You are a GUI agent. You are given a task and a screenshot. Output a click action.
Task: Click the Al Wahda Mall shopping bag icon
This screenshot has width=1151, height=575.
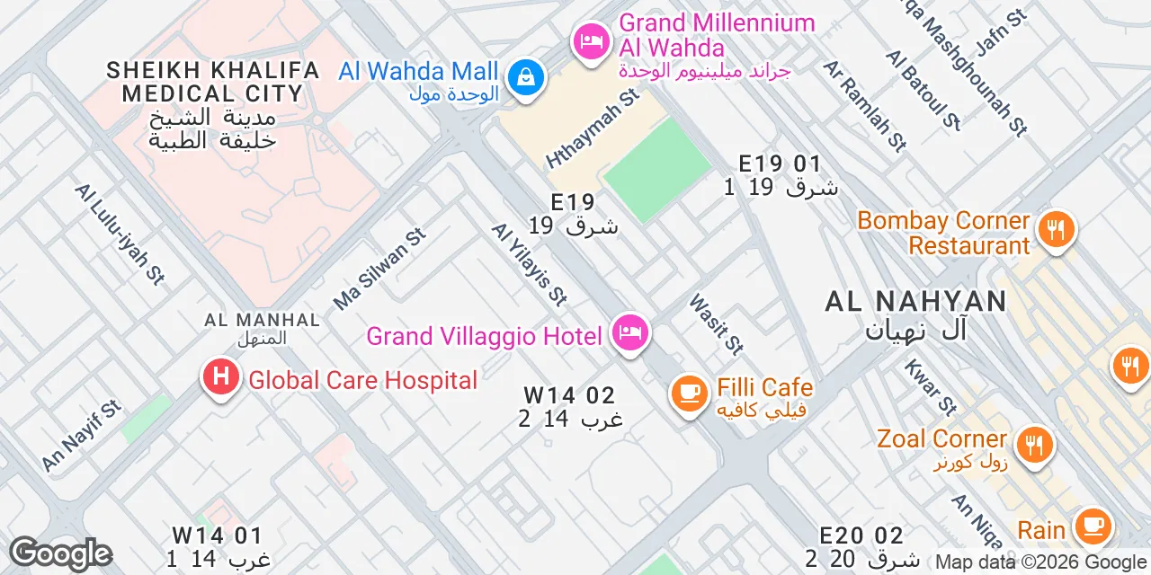coord(523,77)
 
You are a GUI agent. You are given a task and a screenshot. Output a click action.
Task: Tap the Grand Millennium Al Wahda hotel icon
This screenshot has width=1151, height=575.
coord(591,41)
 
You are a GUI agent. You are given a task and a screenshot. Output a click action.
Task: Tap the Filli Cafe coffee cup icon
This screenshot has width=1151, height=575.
coord(690,394)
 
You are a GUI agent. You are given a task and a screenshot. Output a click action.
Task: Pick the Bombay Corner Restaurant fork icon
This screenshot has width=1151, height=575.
coord(1056,229)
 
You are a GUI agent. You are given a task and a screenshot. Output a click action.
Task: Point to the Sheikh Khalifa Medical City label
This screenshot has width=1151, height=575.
coord(212,82)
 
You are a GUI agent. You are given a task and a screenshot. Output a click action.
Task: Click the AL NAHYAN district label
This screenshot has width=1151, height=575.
coord(915,302)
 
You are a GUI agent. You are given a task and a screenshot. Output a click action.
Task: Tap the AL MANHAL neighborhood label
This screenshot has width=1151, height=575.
coord(262,320)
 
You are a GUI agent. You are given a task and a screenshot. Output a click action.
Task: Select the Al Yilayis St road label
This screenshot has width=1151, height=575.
coord(530,263)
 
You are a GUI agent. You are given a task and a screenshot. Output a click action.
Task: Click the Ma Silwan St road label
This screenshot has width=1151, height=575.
coord(379,269)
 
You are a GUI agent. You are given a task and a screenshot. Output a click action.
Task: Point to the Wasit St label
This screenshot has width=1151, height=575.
coord(717,323)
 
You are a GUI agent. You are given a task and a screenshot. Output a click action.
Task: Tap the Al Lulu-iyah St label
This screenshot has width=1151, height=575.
coord(120,234)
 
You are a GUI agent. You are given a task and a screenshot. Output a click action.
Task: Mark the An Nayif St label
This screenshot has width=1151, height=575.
coord(81,436)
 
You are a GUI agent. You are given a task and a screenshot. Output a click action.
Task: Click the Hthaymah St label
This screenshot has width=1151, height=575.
coord(592,128)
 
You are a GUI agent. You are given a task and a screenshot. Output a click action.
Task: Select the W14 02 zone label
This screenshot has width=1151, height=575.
coord(570,395)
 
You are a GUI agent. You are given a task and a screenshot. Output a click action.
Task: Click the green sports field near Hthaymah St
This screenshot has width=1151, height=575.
coord(658,169)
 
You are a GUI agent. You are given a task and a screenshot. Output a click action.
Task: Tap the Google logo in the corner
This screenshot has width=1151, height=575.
coord(60,554)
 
